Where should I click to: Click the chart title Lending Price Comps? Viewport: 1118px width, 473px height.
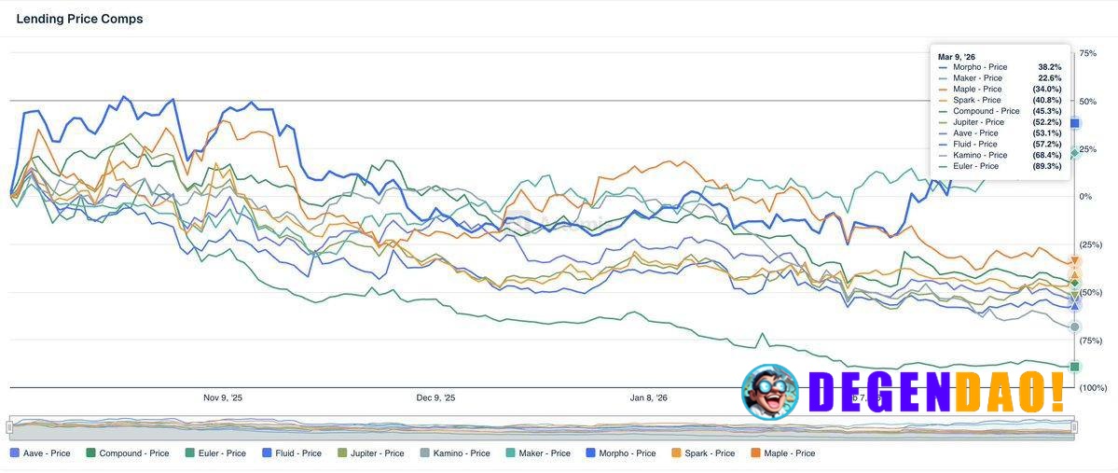tap(79, 19)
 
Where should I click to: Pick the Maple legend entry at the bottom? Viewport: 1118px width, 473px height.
tap(782, 453)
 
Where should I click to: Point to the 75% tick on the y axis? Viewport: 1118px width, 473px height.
tap(1087, 53)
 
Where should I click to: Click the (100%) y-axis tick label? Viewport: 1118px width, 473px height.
tap(1093, 387)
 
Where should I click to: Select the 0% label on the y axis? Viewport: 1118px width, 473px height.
tap(1084, 196)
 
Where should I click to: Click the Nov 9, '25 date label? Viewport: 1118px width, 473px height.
tap(223, 398)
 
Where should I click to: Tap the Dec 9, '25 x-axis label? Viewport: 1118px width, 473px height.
tap(435, 398)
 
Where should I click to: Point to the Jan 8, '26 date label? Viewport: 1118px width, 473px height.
tap(649, 398)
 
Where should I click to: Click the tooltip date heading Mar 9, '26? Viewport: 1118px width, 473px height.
tap(958, 57)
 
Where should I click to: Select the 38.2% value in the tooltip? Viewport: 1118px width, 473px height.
tap(1049, 67)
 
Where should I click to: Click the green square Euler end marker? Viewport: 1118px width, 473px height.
tap(1075, 367)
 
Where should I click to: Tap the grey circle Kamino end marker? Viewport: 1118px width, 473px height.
tap(1075, 327)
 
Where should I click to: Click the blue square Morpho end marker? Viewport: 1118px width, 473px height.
tap(1075, 123)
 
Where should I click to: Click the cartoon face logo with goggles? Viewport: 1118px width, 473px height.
tap(770, 392)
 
